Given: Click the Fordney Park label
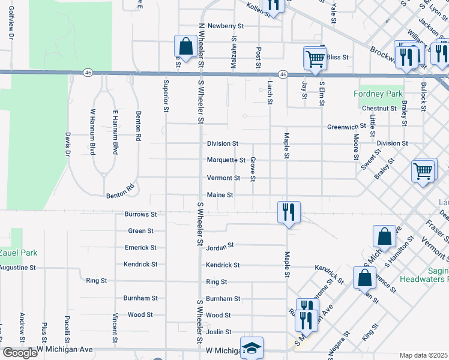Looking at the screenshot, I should point(378,94).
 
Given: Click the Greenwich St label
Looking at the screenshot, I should point(347,127).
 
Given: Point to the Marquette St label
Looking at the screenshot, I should point(226,160).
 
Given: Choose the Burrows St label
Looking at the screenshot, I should point(140,214).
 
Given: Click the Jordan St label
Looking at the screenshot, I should point(220,246).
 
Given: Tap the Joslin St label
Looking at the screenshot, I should point(219,332).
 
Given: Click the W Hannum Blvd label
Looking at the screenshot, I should point(93,132).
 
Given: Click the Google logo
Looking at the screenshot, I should point(19,353).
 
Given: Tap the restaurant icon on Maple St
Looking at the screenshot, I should point(289,212).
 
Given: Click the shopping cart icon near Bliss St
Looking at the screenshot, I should point(315,58).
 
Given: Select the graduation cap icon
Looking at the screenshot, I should point(252,347).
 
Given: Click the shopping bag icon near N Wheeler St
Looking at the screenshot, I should point(185,46).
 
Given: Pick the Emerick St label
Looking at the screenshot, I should point(140,247).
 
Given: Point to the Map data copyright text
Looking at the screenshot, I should point(424,355).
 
